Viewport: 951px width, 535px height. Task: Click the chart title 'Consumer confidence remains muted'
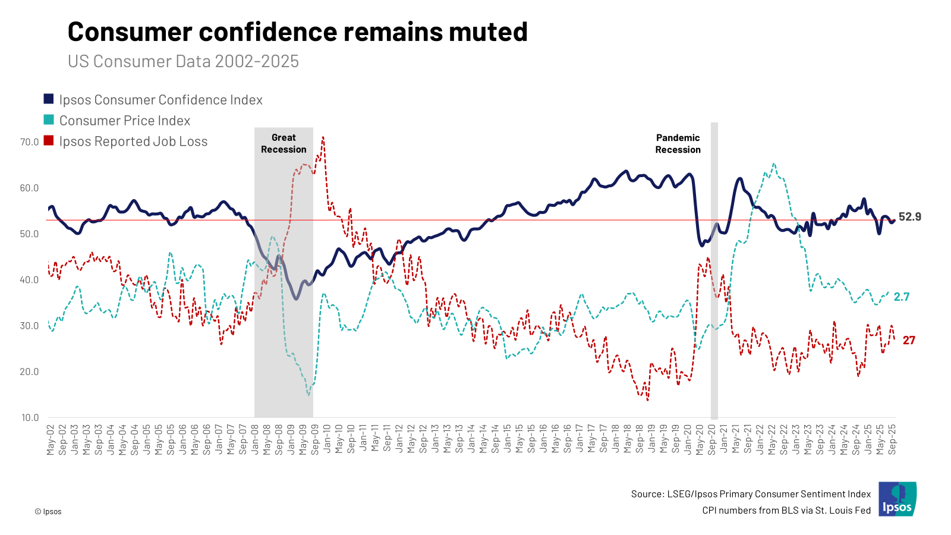pos(297,32)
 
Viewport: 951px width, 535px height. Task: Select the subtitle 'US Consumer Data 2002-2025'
pos(183,61)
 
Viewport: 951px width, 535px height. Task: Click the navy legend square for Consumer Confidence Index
pos(49,99)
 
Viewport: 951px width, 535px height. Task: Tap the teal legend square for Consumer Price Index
pos(49,120)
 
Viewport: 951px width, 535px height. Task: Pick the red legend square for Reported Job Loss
pos(49,141)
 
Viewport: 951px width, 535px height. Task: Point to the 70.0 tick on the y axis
pos(29,142)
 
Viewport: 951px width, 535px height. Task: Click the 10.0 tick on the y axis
pos(29,417)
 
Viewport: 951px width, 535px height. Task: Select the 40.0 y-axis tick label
pos(29,280)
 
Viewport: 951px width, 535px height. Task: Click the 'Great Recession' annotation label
pos(284,144)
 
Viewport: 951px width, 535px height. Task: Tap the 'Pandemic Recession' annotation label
pos(678,144)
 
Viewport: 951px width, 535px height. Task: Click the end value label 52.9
pos(909,217)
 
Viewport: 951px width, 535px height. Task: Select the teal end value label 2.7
pos(902,297)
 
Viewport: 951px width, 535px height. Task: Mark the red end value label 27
pos(909,341)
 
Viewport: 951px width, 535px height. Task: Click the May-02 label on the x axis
pos(51,439)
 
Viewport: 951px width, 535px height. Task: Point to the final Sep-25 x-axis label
pos(892,439)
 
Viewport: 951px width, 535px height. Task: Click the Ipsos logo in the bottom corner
pos(898,499)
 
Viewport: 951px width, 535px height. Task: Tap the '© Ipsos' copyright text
pos(48,511)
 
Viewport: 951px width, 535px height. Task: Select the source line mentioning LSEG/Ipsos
pos(751,494)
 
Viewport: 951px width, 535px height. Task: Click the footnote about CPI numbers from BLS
pos(786,510)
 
